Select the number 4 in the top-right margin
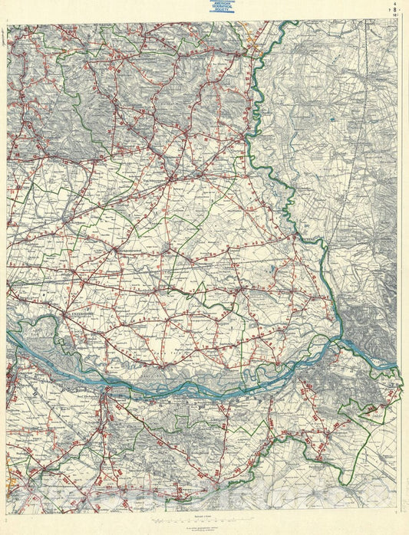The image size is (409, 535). (394, 4)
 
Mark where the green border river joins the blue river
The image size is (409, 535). (338, 340)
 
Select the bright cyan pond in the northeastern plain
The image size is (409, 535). (331, 120)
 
